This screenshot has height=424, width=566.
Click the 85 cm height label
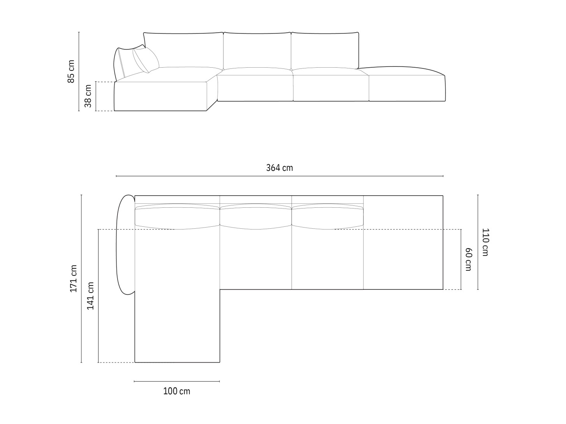coord(71,71)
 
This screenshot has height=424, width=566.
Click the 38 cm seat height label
coord(88,96)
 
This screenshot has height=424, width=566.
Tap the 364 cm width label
coord(279,168)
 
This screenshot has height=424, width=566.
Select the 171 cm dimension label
coord(74,279)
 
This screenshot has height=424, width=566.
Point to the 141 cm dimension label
coord(90,296)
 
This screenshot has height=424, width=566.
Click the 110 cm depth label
coord(485,242)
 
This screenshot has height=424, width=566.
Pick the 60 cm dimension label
coord(468,259)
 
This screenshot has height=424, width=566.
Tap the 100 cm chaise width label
coord(177,391)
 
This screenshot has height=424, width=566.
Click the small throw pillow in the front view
coord(146,60)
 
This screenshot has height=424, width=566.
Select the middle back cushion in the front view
coord(257,51)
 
